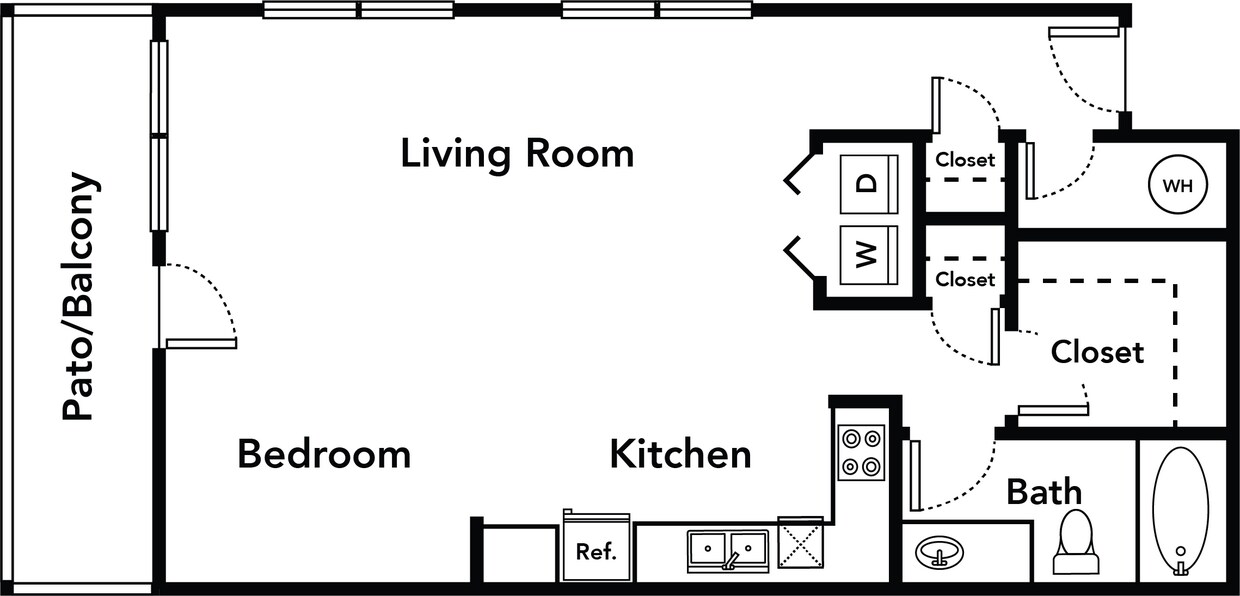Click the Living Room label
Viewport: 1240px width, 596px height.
click(x=517, y=154)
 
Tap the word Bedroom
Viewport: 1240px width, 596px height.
click(x=323, y=454)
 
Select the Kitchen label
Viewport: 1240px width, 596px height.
click(x=680, y=454)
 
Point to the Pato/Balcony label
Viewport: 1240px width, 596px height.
click(x=80, y=297)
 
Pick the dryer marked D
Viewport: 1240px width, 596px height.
click(x=868, y=183)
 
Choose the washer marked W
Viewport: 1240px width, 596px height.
click(x=868, y=255)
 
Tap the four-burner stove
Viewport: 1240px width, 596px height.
click(x=861, y=453)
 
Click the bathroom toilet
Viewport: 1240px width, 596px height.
click(x=1076, y=541)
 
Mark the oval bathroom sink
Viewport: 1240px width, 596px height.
click(x=939, y=552)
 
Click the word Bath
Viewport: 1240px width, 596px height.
click(x=1044, y=492)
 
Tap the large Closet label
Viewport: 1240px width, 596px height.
click(x=1097, y=352)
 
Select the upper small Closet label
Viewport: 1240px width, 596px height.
click(x=965, y=160)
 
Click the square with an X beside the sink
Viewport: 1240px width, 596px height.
click(x=800, y=544)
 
